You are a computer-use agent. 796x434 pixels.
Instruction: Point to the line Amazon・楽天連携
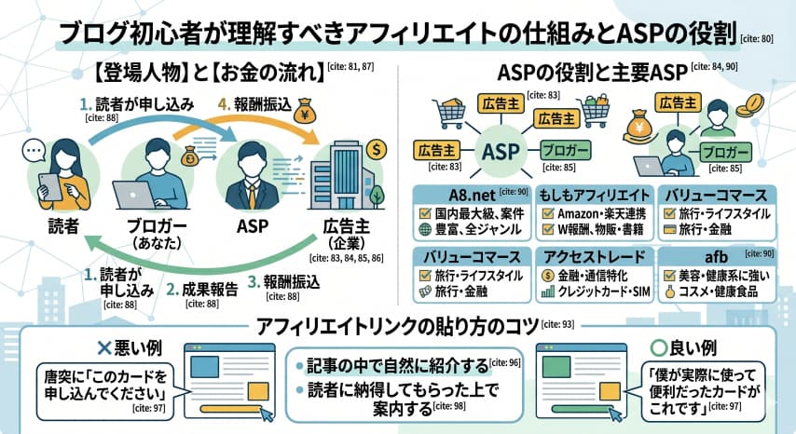(x=599, y=214)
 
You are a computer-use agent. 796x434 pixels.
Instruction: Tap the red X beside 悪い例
(x=104, y=347)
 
